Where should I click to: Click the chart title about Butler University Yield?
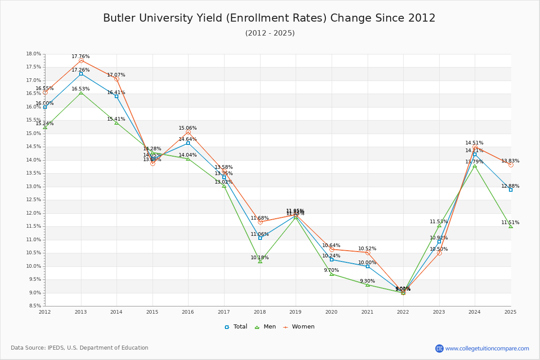269,18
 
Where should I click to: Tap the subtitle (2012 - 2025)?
270,33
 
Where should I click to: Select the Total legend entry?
236,327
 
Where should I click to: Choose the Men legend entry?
265,327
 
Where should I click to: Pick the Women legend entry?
299,327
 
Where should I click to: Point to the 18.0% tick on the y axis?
34,54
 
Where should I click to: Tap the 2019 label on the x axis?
295,311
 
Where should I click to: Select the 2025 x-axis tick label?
510,311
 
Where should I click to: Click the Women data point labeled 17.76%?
81,60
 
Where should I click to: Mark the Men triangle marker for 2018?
260,261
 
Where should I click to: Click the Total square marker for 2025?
511,190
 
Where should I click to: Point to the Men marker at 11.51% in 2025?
511,226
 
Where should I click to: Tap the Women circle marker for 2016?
188,132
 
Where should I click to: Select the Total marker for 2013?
81,74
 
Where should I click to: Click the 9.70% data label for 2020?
331,270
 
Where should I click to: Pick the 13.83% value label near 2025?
510,161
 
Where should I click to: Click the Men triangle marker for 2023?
439,225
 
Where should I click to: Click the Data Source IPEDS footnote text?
80,348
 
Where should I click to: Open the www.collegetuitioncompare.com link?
487,348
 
